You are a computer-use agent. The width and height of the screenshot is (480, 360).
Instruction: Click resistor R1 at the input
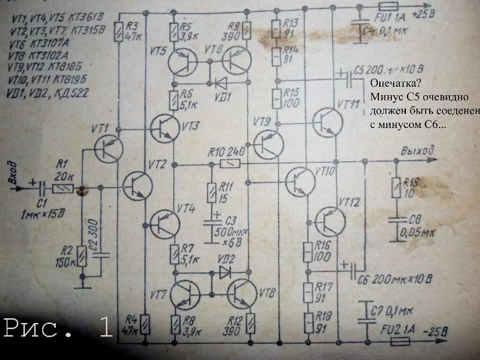click(63, 188)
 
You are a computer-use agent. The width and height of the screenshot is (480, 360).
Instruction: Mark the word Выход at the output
click(417, 151)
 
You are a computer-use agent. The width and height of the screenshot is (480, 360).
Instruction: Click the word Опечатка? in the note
click(395, 83)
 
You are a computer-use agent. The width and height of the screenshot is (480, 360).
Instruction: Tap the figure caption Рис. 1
click(59, 328)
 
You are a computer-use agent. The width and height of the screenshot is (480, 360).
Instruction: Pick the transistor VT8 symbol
click(242, 294)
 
